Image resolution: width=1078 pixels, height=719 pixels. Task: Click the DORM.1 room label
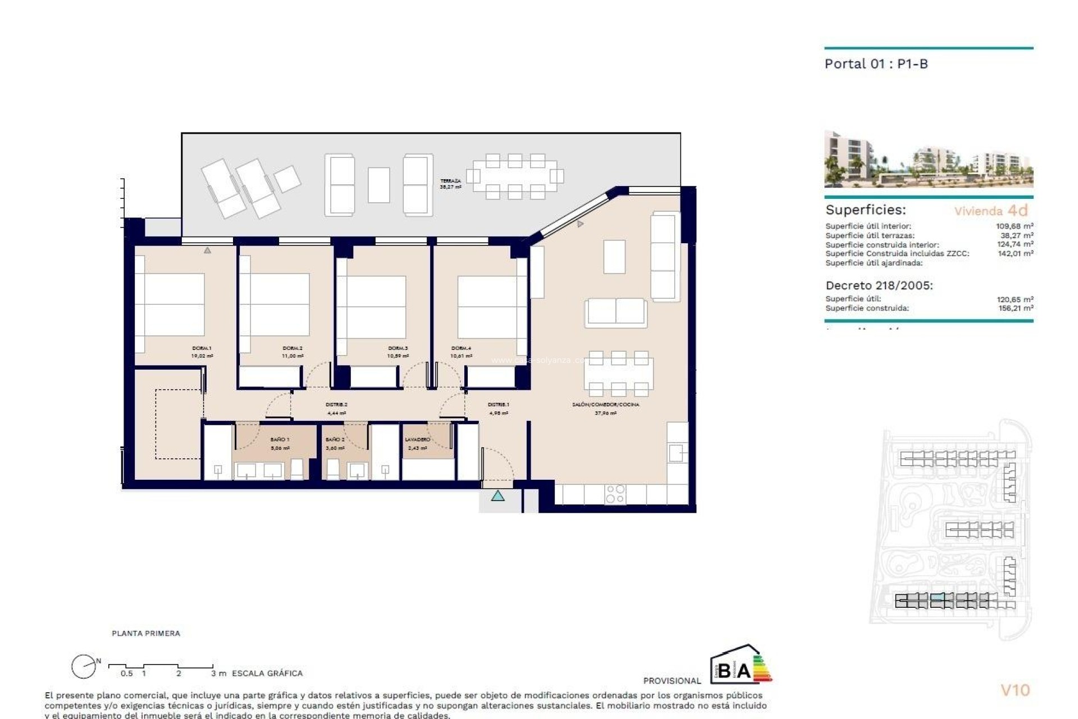pos(202,348)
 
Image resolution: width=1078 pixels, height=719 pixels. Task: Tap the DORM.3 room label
pos(398,348)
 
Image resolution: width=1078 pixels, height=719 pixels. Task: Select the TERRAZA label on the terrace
pos(450,181)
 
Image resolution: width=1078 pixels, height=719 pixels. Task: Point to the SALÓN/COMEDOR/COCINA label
pos(605,404)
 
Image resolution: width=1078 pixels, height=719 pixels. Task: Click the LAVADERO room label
pos(417,439)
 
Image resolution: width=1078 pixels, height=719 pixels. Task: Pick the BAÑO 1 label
pos(280,439)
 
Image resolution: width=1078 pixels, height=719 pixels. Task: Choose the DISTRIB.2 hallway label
pos(337,404)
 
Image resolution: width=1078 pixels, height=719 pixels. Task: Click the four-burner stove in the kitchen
pos(615,494)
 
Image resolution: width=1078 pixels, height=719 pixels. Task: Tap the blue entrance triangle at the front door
pos(497,496)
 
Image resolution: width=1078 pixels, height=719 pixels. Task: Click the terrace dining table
pos(515,176)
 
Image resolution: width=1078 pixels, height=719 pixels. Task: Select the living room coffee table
pos(614,257)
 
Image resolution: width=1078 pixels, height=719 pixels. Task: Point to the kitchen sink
pos(677,452)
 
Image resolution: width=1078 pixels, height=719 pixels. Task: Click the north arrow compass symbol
pos(83,667)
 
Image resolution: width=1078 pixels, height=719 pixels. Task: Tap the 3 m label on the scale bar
pos(218,673)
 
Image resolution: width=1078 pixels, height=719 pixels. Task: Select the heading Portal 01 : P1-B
pos(876,64)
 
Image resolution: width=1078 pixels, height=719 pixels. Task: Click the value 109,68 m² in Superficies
pos(1015,226)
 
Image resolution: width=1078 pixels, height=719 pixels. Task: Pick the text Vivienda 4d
pos(991,211)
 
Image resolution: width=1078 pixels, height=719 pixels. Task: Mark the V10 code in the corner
pos(1015,690)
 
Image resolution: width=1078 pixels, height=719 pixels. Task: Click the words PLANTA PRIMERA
pos(146,633)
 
